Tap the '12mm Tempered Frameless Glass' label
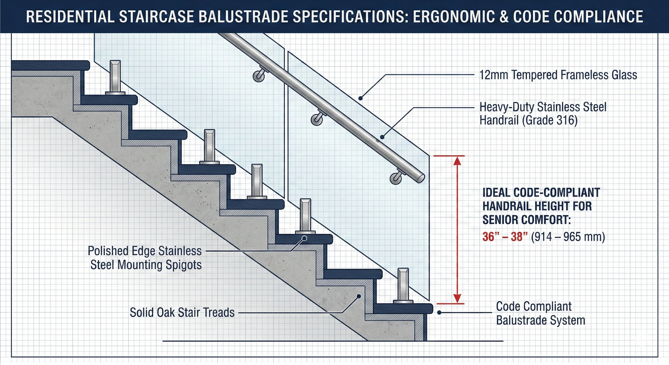point(558,75)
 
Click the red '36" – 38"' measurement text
point(505,237)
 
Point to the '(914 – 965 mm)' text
point(568,237)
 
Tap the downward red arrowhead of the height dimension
point(457,298)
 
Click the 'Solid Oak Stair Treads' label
point(182,312)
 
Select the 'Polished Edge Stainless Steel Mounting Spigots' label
point(145,258)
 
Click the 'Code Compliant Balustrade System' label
point(540,313)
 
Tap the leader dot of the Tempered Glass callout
point(360,98)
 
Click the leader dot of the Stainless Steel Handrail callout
point(382,137)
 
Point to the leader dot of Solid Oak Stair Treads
point(359,296)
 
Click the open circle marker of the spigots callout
point(305,238)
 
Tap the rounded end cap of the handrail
point(421,178)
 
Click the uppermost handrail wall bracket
point(259,76)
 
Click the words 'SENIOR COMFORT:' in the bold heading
point(527,220)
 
